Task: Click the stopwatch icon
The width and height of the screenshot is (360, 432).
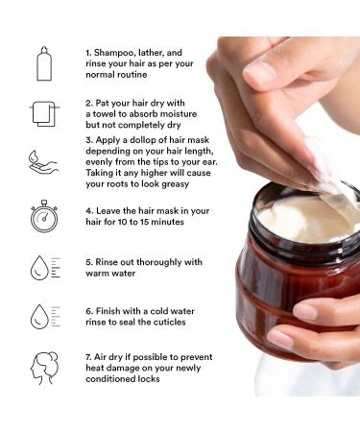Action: tap(44, 215)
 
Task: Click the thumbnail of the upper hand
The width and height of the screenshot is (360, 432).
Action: tap(260, 73)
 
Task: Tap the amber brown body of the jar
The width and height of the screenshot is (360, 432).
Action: tap(278, 298)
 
